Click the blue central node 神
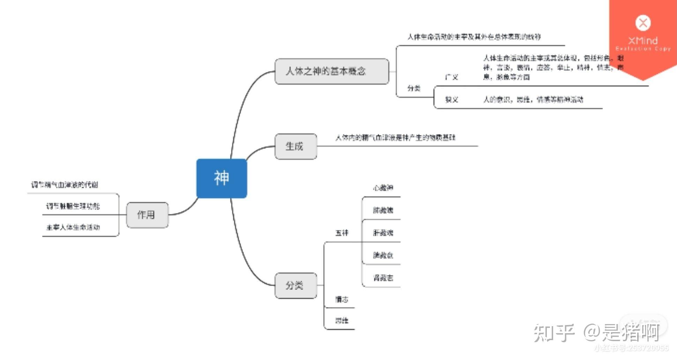tap(222, 178)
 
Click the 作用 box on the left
tap(147, 215)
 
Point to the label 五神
tap(342, 233)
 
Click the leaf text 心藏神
tap(383, 188)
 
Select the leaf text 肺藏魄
tap(383, 210)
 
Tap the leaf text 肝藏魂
tap(383, 233)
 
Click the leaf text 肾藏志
tap(383, 278)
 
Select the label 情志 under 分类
tap(341, 299)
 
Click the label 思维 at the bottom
tap(341, 321)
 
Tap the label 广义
tap(451, 77)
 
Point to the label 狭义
tap(451, 100)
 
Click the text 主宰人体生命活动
tap(73, 227)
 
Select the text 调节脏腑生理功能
tap(73, 207)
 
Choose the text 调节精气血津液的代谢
tap(65, 185)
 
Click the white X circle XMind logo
tap(643, 23)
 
